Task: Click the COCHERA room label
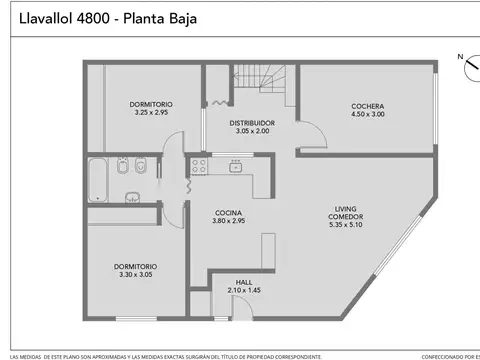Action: [367, 106]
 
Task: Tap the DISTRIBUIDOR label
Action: [246, 123]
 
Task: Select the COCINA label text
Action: [229, 212]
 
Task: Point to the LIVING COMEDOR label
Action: [348, 213]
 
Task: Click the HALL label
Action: [244, 282]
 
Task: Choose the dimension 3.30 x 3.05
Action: [136, 274]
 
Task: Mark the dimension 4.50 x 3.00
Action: [367, 114]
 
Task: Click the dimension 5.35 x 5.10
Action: [348, 225]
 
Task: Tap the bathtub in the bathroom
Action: [99, 180]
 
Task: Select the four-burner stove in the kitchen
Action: [199, 166]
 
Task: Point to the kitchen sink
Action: [236, 166]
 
